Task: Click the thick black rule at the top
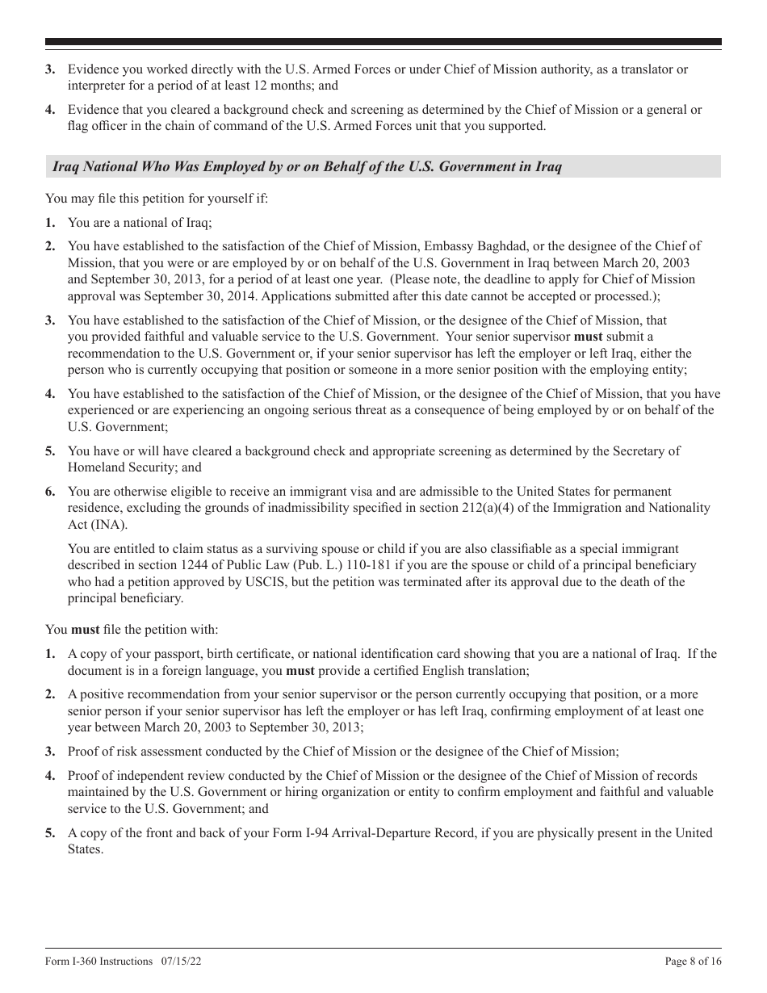(x=383, y=42)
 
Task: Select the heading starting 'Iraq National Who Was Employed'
(x=307, y=167)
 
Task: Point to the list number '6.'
(x=50, y=492)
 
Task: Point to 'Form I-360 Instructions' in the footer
(x=98, y=962)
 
